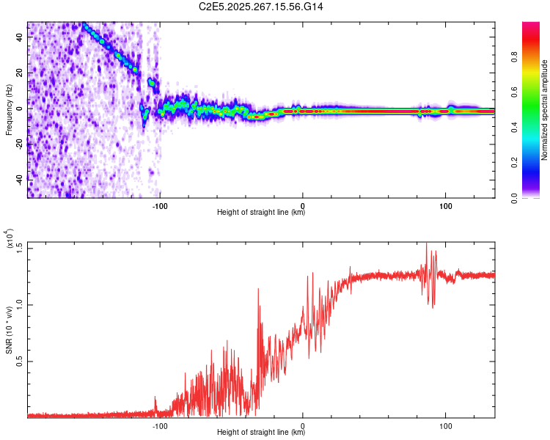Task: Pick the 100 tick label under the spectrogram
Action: click(445, 204)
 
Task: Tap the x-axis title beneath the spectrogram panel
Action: click(261, 213)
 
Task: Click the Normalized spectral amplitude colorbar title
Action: click(544, 110)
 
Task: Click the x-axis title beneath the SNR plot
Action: click(261, 433)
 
